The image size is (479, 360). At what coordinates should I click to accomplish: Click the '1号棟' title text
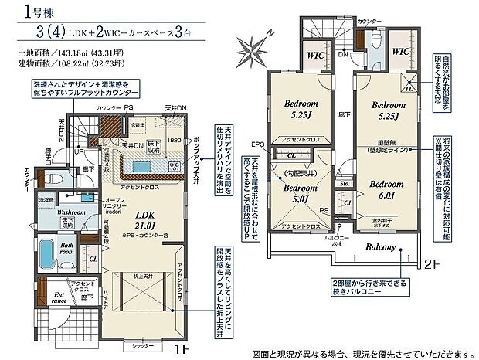pos(24,11)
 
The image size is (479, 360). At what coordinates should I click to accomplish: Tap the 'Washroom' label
pos(59,211)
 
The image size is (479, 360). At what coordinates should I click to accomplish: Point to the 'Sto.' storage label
pos(344,185)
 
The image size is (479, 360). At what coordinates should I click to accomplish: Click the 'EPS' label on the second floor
pos(257,144)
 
